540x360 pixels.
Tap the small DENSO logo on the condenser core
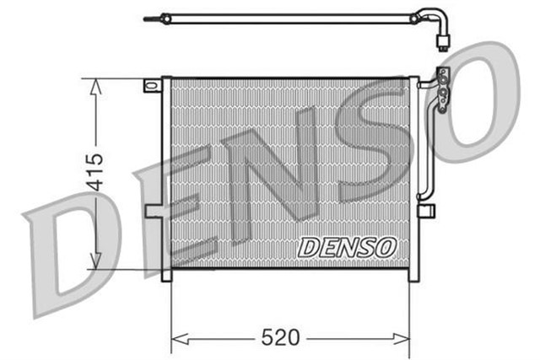point(347,246)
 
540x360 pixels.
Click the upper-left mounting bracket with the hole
point(152,85)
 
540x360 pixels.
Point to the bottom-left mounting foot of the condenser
point(166,274)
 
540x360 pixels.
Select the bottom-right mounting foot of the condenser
point(413,274)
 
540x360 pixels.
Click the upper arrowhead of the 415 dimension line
point(95,85)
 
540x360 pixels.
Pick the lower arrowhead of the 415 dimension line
point(95,262)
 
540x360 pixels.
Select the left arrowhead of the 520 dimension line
point(177,340)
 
